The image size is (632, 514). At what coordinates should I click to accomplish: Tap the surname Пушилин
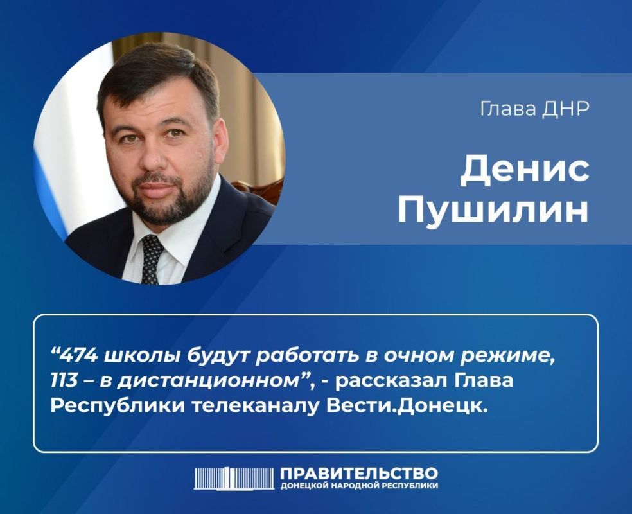[x=493, y=211]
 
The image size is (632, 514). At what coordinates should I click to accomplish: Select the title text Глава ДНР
[x=535, y=109]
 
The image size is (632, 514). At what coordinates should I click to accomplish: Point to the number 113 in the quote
[x=64, y=380]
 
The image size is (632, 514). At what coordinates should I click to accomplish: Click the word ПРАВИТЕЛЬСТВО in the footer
[x=359, y=474]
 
